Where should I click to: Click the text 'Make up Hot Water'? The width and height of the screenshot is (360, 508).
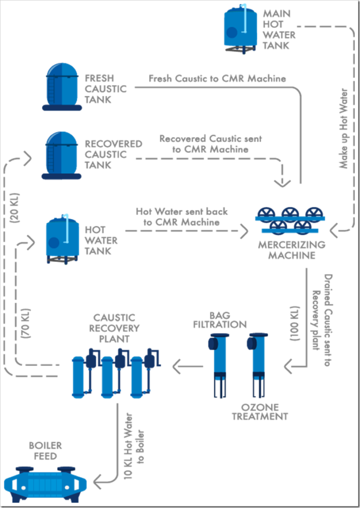click(344, 129)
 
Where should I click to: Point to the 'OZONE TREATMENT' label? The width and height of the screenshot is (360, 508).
click(260, 411)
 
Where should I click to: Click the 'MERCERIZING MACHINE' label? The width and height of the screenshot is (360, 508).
click(292, 250)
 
